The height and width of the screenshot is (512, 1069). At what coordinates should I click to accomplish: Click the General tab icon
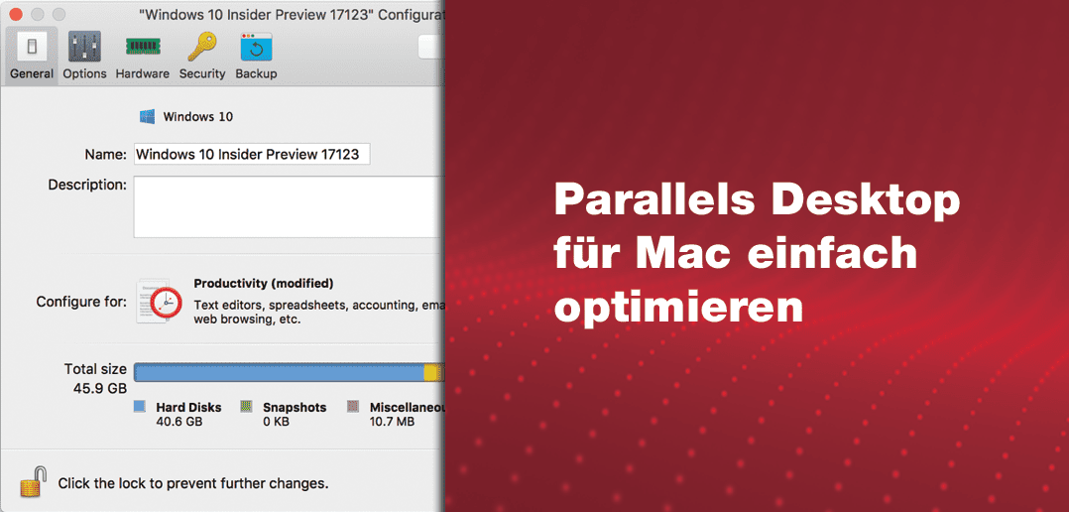point(32,47)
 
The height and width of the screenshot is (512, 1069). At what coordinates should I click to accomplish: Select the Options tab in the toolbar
point(84,47)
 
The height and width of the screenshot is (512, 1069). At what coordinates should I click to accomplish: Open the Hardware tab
point(142,47)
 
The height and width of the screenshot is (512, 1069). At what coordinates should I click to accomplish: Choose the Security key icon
point(202,47)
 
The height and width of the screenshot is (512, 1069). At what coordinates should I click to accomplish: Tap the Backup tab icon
point(256,47)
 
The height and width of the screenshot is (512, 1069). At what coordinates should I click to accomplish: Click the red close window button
point(16,15)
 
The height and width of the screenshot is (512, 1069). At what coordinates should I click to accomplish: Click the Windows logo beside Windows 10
point(148,117)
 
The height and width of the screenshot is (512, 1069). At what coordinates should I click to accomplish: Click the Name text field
point(251,154)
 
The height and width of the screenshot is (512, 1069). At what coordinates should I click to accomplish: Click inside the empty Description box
point(288,206)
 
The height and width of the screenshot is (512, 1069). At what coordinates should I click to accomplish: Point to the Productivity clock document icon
point(160,301)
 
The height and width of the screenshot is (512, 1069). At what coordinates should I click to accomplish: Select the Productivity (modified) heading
point(264,284)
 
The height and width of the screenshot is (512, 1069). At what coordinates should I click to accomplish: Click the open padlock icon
point(34,482)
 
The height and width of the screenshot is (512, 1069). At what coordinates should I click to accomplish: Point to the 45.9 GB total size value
point(100,388)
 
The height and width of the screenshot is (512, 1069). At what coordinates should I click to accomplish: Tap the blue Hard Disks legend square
point(140,407)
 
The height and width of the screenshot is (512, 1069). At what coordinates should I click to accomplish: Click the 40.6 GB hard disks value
point(179,422)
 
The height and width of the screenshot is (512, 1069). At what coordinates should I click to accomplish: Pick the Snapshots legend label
point(295,407)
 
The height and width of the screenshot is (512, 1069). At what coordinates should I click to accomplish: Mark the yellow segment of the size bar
point(432,372)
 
